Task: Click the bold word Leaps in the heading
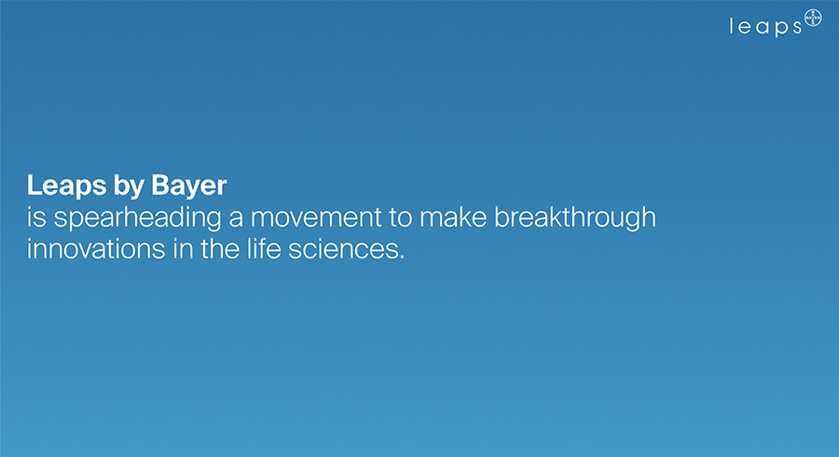point(66,187)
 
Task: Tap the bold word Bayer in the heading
point(189,187)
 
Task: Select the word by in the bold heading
point(129,187)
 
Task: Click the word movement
point(316,218)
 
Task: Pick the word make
point(453,217)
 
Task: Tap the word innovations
point(96,249)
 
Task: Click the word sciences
point(343,249)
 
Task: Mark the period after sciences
point(402,258)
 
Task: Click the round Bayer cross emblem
point(813,19)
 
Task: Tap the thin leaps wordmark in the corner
point(765,26)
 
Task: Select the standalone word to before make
point(400,218)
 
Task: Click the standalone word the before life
point(220,249)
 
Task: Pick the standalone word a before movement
point(236,219)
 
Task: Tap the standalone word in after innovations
point(183,249)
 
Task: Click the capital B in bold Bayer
point(161,186)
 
